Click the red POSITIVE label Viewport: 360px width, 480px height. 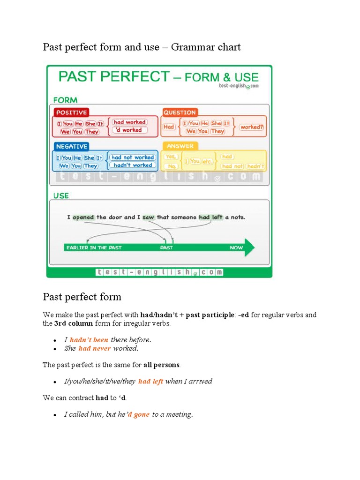(x=71, y=112)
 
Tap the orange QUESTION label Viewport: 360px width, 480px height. (x=180, y=112)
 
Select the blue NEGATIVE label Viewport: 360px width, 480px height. (x=71, y=146)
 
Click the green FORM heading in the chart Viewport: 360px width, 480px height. (x=65, y=100)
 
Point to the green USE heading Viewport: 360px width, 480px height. (x=61, y=195)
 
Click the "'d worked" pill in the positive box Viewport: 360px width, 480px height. (x=129, y=130)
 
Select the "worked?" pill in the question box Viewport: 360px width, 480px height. (x=252, y=127)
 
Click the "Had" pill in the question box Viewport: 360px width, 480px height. (x=169, y=127)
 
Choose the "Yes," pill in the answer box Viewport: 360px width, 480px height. (x=172, y=157)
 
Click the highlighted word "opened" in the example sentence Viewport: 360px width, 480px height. (x=83, y=217)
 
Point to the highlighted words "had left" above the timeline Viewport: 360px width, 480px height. (x=211, y=217)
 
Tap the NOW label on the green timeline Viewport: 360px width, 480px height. (x=236, y=247)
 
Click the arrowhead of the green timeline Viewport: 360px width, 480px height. (x=249, y=247)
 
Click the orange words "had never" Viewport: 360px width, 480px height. (x=95, y=348)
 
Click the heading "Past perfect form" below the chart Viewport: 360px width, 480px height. (x=82, y=297)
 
